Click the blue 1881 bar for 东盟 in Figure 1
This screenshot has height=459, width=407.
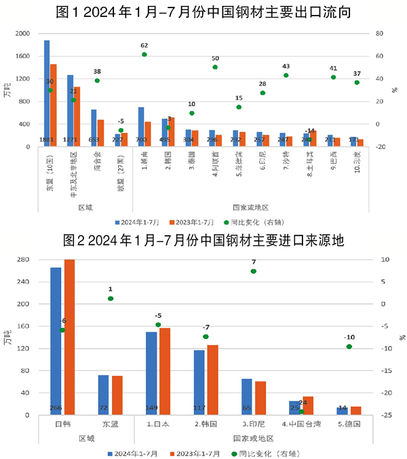tap(47, 93)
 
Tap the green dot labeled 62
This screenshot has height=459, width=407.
tap(144, 54)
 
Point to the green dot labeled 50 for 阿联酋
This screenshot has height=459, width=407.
tap(215, 67)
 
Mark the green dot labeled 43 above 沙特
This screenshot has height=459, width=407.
tap(286, 75)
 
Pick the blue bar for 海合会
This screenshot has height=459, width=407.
tap(94, 128)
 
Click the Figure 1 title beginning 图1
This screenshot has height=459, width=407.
tap(203, 12)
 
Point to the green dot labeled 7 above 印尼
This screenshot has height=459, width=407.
tap(253, 271)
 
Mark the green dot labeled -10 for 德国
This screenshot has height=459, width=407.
tap(349, 347)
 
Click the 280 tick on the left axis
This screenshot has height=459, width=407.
tap(23, 260)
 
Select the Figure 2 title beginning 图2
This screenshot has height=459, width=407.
tap(203, 240)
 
